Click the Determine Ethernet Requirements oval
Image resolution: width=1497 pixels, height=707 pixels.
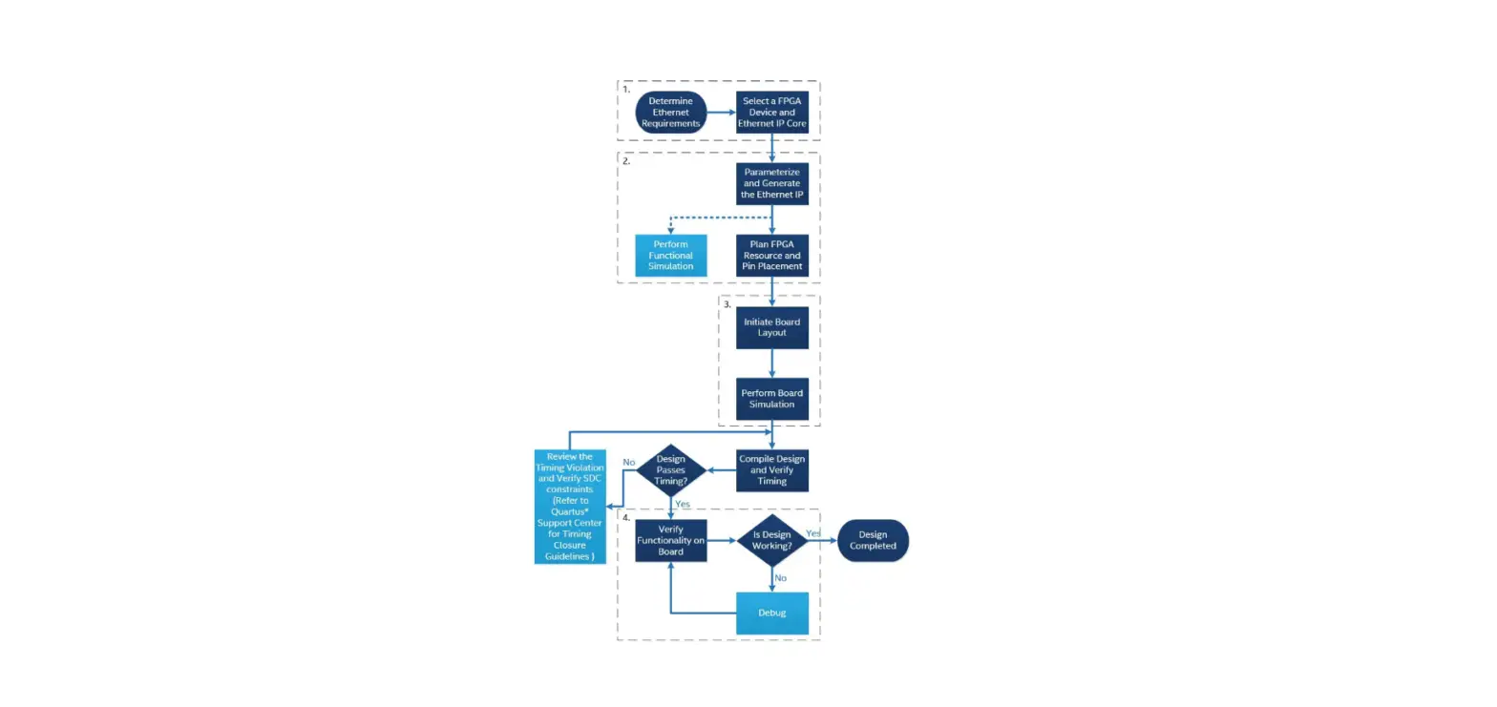[671, 113]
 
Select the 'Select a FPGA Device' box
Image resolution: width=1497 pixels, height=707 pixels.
[772, 113]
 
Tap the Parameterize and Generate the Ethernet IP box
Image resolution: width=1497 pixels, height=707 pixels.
[772, 183]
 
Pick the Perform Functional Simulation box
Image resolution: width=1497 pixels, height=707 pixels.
[672, 256]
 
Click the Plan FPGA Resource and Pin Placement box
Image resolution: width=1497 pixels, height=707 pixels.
[772, 256]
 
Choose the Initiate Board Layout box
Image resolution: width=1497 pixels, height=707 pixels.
[772, 327]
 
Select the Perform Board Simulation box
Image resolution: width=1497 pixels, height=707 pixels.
[772, 398]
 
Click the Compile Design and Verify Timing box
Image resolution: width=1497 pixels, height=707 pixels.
[772, 469]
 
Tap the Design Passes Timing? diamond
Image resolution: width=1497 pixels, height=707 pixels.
[671, 469]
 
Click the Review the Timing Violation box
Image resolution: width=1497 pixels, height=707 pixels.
[570, 507]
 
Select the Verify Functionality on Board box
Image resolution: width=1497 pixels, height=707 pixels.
[671, 541]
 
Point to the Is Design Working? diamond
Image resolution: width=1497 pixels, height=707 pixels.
[772, 541]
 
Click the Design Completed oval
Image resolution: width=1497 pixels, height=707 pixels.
[873, 541]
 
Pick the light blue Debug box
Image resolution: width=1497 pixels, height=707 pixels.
[772, 613]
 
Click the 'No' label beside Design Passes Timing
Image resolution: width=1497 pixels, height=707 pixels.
[629, 462]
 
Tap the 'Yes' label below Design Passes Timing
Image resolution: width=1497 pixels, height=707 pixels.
[683, 504]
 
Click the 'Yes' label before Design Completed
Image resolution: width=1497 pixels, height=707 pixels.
[813, 533]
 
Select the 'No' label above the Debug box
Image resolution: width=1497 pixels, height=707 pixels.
[781, 578]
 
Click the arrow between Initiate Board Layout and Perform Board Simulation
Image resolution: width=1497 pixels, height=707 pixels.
[772, 363]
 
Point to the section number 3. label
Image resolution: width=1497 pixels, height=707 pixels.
[727, 305]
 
